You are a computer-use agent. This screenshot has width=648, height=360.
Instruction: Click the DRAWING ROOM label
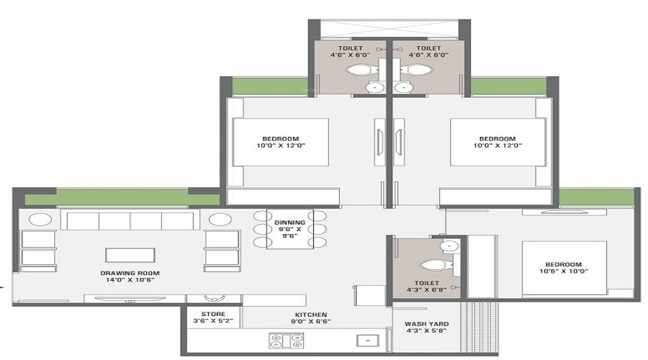[130, 274]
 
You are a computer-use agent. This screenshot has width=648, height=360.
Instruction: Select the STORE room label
[213, 314]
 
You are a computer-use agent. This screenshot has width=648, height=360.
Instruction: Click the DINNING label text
[290, 222]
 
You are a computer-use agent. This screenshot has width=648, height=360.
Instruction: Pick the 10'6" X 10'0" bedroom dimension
[564, 271]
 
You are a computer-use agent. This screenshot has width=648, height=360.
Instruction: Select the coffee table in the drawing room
[130, 255]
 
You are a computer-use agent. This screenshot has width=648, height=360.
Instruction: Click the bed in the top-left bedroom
[281, 143]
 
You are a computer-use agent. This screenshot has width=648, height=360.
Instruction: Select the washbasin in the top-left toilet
[375, 87]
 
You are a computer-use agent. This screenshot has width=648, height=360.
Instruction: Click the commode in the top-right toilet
[415, 71]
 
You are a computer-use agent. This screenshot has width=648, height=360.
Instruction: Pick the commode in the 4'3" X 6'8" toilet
[436, 264]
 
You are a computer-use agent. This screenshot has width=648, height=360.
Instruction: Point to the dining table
[290, 230]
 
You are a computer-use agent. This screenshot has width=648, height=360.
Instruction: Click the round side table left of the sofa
[40, 220]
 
